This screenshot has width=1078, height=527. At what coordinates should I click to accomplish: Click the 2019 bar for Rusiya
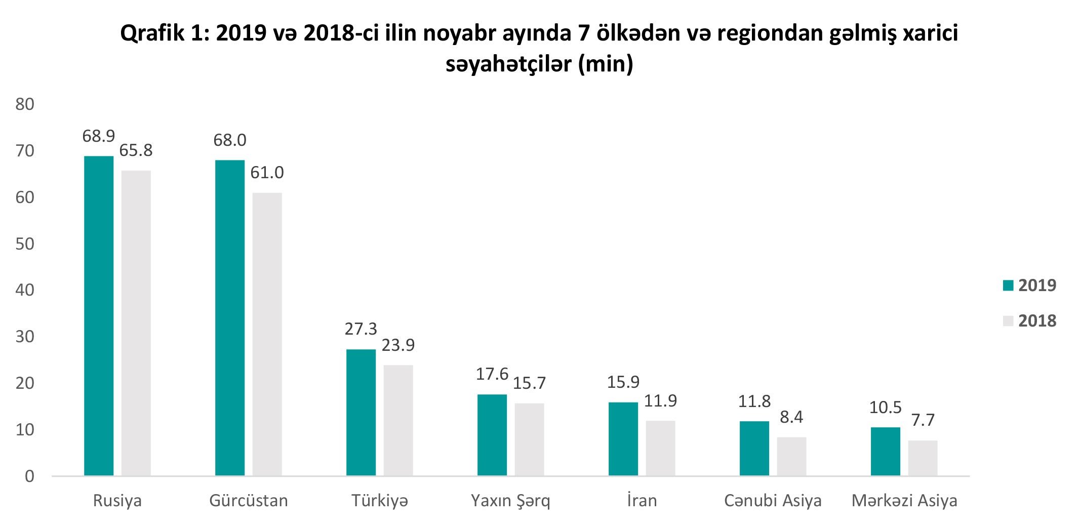(99, 316)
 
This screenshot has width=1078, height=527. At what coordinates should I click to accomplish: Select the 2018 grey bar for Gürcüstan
(267, 334)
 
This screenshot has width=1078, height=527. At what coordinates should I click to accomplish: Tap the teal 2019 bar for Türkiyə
(361, 413)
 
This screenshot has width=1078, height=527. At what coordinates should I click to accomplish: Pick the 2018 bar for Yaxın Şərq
(530, 439)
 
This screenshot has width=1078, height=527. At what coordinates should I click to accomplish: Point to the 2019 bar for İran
(623, 439)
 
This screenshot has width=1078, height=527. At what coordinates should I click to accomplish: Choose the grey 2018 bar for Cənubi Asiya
(792, 457)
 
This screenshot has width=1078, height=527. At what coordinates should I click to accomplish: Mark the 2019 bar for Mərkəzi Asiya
(886, 452)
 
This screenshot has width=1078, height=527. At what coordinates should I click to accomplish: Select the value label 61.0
(267, 173)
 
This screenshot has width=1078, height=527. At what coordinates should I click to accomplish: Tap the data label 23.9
(398, 345)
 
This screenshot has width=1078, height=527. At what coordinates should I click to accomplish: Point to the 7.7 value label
(923, 420)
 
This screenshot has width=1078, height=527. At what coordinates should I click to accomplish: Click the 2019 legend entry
(1030, 286)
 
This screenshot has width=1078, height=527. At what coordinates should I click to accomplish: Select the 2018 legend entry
(1030, 321)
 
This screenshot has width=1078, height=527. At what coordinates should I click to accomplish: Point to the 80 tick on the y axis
(25, 105)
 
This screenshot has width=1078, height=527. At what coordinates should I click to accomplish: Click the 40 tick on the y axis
(25, 291)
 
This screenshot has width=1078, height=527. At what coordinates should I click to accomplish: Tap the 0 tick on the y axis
(29, 476)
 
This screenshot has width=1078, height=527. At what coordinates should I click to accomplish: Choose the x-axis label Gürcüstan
(249, 501)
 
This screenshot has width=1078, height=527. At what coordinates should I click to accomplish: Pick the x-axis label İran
(642, 501)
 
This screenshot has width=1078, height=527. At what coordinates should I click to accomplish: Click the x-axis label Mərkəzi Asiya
(904, 501)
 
